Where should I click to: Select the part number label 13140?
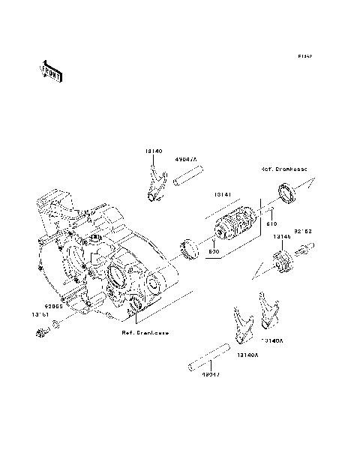tap(153, 151)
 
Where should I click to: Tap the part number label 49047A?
tap(186, 160)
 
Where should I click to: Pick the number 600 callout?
tap(213, 253)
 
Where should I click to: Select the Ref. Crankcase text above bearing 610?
tap(284, 169)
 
